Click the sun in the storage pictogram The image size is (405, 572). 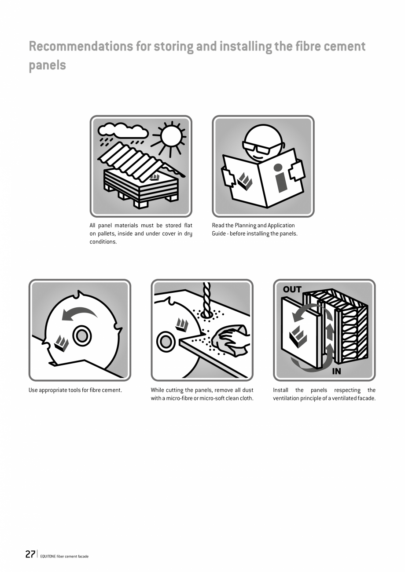171,136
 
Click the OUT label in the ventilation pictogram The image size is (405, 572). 292,289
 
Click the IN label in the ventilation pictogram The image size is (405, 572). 336,371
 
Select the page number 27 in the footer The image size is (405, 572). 30,554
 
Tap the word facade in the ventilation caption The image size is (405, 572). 366,398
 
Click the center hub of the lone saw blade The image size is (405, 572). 81,336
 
